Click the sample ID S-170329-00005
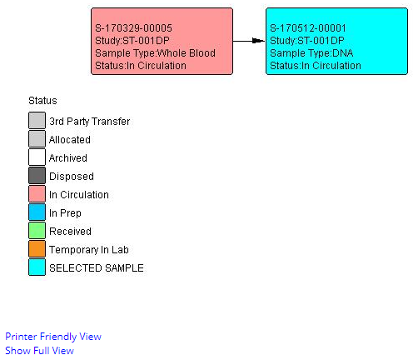[x=133, y=28]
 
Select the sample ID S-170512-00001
[x=308, y=28]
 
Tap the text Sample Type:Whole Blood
[x=155, y=53]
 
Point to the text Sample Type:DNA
[x=311, y=53]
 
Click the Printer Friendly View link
[x=53, y=337]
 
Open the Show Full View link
[x=39, y=351]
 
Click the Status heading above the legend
[x=42, y=101]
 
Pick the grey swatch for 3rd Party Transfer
[x=37, y=120]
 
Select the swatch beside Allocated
[x=37, y=138]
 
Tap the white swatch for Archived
[x=37, y=157]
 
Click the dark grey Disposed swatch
[x=37, y=175]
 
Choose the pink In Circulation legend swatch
[x=37, y=193]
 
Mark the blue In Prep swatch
[x=37, y=212]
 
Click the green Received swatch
[x=37, y=230]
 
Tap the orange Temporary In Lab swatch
[x=37, y=248]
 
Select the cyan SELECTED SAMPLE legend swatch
[x=37, y=267]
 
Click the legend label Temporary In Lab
[x=89, y=250]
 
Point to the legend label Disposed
[x=72, y=177]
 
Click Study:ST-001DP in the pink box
[x=132, y=41]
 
